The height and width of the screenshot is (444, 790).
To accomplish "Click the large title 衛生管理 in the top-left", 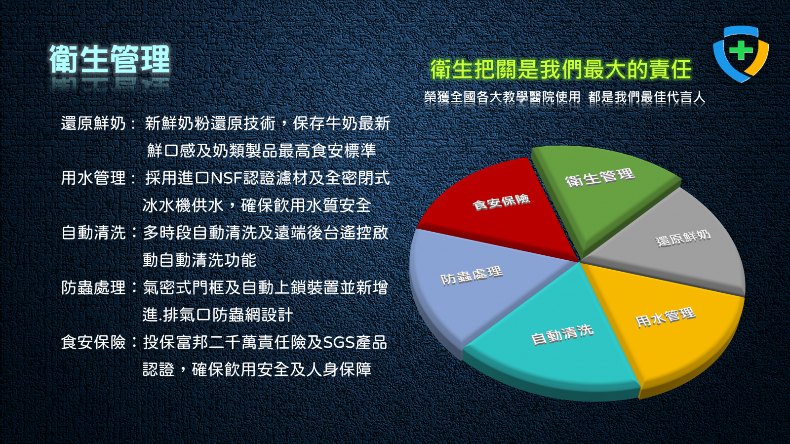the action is pos(109,59).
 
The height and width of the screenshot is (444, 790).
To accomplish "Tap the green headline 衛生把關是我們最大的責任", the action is pos(561,70).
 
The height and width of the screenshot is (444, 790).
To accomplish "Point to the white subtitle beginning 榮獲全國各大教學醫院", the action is pos(564,97).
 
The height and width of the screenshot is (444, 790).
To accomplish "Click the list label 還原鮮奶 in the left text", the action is pos(93,123).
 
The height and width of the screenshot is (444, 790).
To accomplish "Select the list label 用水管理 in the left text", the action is pos(93,178).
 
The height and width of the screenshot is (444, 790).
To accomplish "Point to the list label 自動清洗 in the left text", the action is pos(93,233).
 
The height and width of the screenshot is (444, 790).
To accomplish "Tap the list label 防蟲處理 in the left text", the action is pos(93,287).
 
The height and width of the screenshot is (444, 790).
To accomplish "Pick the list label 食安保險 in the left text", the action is pos(93,342).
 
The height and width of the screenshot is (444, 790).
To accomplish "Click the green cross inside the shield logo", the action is pos(741,50).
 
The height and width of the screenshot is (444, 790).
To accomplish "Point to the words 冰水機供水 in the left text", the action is pos(183,205).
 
